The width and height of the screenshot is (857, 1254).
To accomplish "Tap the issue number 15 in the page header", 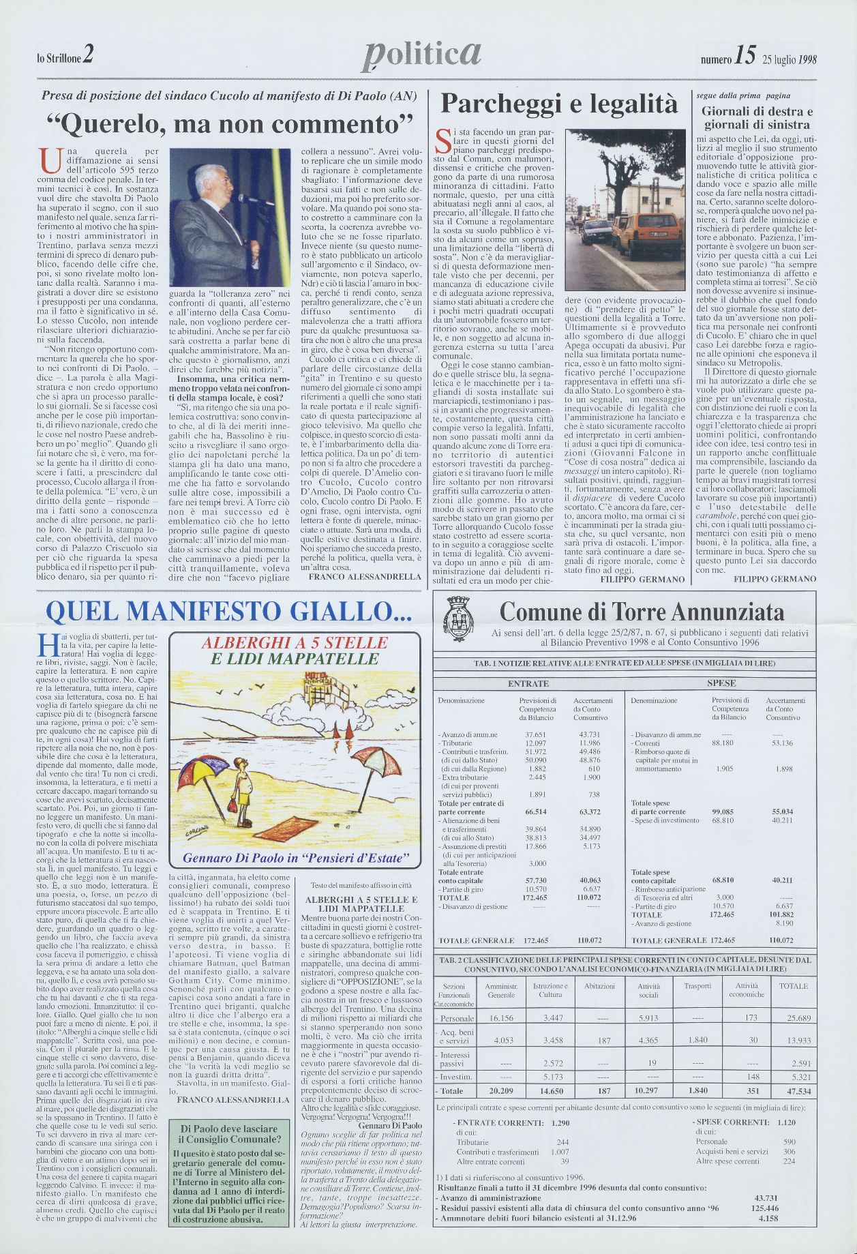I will [x=745, y=57].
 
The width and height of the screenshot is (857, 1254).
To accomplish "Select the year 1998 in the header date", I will [x=807, y=59].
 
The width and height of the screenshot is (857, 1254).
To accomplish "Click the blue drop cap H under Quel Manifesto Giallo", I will [x=48, y=643].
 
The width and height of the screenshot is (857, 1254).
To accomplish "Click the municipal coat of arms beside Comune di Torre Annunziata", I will [x=455, y=613].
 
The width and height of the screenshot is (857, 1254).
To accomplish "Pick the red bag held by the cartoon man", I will [x=234, y=807].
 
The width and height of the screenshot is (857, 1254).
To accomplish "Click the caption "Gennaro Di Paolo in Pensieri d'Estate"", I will [x=297, y=857].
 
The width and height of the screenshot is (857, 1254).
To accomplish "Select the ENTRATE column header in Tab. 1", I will [x=528, y=683].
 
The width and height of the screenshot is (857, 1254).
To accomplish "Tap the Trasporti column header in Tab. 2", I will [x=697, y=985].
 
